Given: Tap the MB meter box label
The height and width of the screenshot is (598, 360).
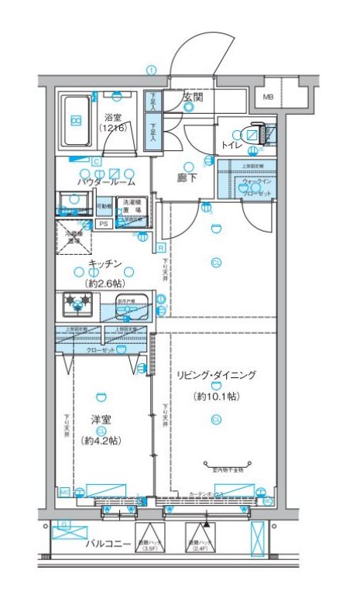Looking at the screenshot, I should [x=268, y=97].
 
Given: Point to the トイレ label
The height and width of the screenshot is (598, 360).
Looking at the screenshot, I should [x=231, y=145].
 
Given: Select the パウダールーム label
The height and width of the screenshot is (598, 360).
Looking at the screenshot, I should [x=105, y=182].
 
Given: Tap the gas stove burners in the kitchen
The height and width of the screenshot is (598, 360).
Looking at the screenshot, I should [x=77, y=303].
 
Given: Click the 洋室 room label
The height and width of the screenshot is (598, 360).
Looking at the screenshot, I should [x=101, y=421].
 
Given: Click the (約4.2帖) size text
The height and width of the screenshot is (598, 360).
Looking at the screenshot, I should [x=101, y=441].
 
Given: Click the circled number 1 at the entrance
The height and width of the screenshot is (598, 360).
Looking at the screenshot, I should [x=151, y=70].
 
